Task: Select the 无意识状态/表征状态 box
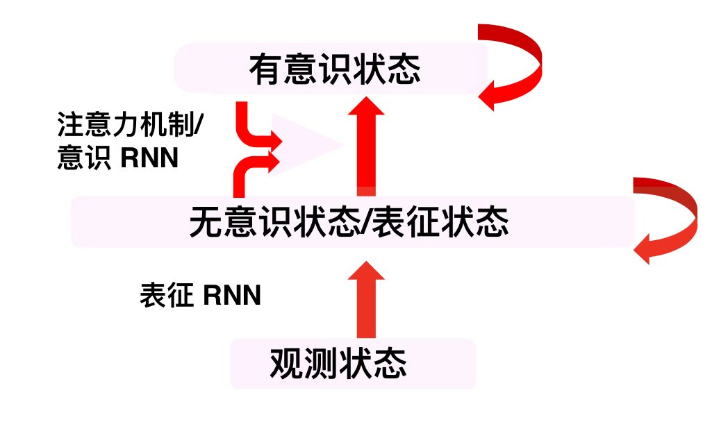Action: coord(353,222)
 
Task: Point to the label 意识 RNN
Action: coord(118,158)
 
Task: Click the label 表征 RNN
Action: coord(200,296)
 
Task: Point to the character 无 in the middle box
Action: coord(206,223)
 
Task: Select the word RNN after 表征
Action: coord(233,296)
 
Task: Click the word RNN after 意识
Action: coord(150,158)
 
